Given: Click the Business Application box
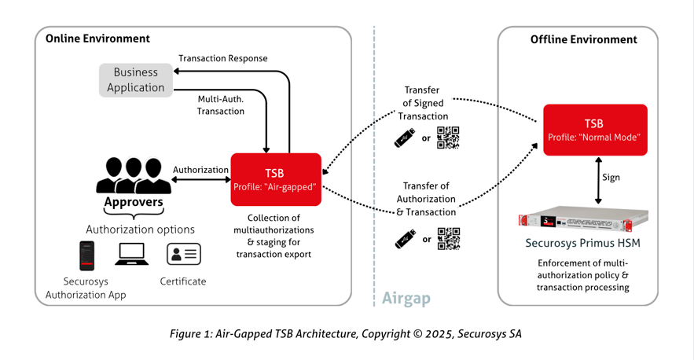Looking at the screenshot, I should coord(136,80).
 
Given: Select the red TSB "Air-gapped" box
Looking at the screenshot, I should coord(276,179).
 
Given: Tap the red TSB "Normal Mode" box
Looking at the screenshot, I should coord(595,130).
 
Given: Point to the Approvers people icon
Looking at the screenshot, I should coord(134,176).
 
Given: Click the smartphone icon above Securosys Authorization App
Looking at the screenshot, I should coord(86,255).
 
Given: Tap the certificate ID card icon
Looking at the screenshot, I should coord(183,254).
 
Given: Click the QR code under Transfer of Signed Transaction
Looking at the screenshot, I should coord(448,138).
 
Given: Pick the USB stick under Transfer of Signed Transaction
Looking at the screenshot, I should coord(405,138).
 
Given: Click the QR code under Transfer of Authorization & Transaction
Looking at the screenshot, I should coord(448,239).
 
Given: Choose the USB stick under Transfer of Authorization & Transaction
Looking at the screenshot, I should coord(405,239).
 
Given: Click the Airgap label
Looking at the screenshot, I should coord(406,299).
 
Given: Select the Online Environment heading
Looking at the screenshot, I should coord(97,39).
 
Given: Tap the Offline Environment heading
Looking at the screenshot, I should coord(583,39).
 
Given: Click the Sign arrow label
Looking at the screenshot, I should coord(611,178).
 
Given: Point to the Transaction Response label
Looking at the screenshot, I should coord(222,58).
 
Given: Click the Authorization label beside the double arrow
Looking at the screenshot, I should coord(200,170).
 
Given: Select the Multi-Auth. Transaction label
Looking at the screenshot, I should coord(221,105).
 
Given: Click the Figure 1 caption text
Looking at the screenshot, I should coord(346,334).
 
